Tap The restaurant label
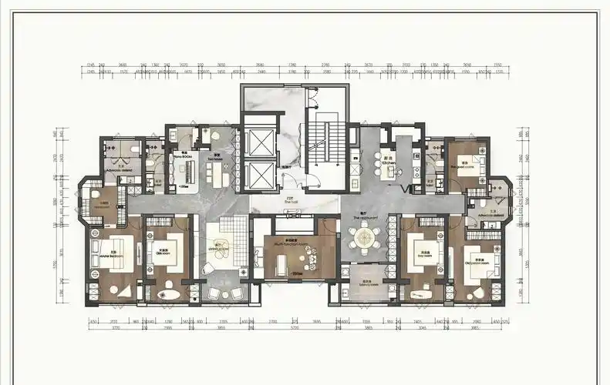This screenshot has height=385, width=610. [x=363, y=219]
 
